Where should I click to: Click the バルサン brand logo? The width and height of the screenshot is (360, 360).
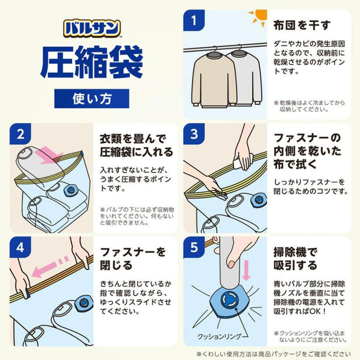click(x=92, y=28)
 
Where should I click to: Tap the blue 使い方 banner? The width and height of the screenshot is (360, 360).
click(x=92, y=98)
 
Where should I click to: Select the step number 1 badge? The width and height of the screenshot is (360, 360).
click(x=194, y=20)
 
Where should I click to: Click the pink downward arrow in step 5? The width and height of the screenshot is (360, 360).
click(x=247, y=270)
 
